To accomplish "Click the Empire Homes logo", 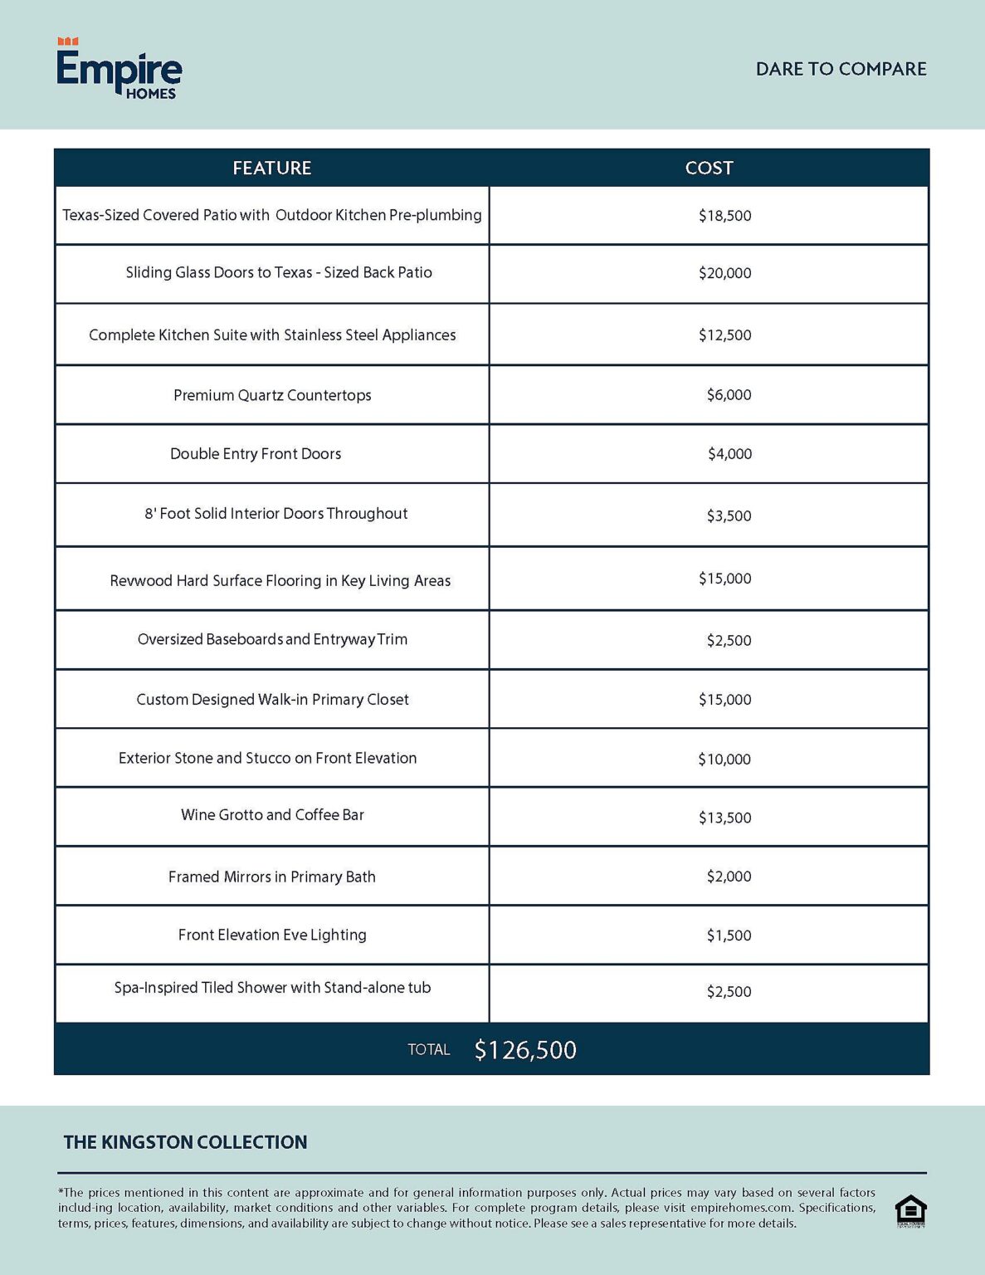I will (119, 69).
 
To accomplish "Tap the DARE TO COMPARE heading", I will (841, 69).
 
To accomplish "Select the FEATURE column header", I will (271, 168).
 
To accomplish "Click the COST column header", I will (709, 168).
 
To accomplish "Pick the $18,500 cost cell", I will (724, 216).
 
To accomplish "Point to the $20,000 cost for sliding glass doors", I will (724, 273).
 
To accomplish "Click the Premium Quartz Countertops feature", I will (272, 395).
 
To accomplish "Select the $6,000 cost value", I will (729, 395).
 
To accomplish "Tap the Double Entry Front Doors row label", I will (256, 454).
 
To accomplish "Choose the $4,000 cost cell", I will (729, 454).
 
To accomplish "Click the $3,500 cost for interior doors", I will (729, 515).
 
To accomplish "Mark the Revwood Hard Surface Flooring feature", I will (280, 580).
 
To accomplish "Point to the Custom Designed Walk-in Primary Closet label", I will (272, 700).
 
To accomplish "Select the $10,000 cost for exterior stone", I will (724, 759).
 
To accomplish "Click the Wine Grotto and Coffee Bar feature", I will (272, 815).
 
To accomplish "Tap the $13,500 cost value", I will (724, 818).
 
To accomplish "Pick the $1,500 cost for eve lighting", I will (729, 935).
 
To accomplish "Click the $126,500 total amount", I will (525, 1050).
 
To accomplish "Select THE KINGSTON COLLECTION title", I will (185, 1142).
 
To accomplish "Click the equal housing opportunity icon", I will (910, 1211).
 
